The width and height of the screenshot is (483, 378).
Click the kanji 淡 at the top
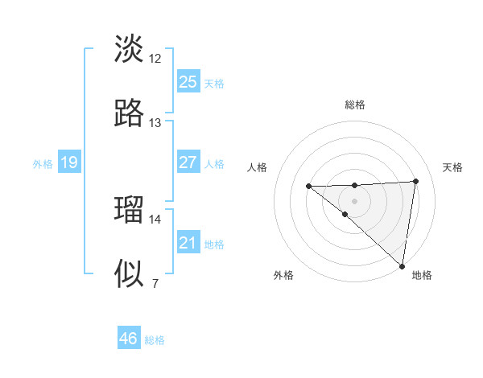(x=129, y=49)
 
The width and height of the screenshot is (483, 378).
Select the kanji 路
(x=129, y=113)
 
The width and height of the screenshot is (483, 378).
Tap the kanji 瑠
(x=129, y=210)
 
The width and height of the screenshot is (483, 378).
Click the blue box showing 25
(x=188, y=82)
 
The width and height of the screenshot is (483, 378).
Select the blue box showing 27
(x=188, y=162)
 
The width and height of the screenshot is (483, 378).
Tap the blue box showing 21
(x=188, y=243)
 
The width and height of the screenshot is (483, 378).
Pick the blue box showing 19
(x=69, y=163)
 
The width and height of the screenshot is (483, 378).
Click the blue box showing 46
(x=129, y=339)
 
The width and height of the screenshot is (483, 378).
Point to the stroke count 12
(x=155, y=58)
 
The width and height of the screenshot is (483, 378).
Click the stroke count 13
(x=155, y=122)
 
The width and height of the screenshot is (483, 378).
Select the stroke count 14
(x=155, y=219)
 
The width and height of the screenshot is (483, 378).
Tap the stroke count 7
(x=155, y=283)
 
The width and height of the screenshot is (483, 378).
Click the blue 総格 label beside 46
(x=155, y=340)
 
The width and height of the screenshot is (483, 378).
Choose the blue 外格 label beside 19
(x=43, y=164)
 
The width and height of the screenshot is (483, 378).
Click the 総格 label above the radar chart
(x=355, y=105)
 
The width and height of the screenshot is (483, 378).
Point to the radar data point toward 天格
(x=416, y=181)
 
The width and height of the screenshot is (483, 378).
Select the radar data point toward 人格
(x=308, y=187)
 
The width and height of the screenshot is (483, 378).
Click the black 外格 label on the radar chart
(x=283, y=275)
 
